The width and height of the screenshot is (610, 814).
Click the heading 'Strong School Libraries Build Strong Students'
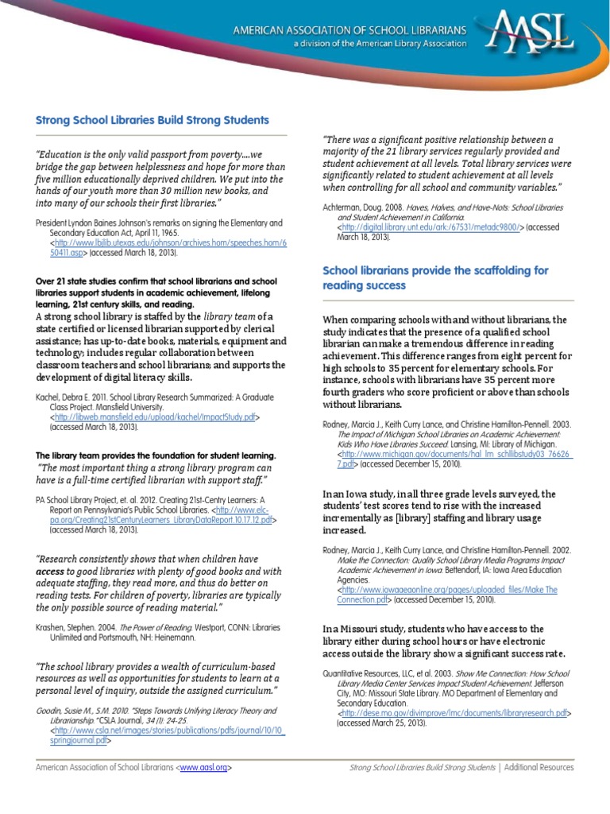tap(152, 120)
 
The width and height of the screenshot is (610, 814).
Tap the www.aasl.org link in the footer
tap(205, 768)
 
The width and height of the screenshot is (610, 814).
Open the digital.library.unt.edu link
tap(430, 227)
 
